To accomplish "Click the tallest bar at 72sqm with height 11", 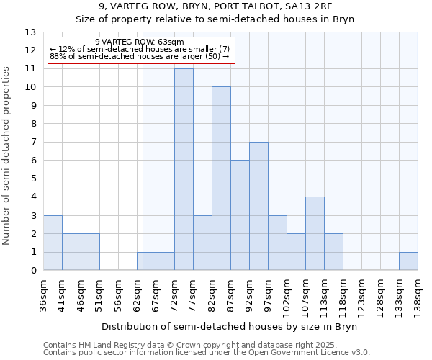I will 184,169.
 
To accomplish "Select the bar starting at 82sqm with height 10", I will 221,179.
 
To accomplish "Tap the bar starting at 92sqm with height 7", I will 258,206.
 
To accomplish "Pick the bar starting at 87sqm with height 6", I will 240,215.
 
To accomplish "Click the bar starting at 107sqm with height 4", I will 315,234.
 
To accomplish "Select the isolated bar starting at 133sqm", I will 408,261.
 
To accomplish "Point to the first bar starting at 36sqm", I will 53,243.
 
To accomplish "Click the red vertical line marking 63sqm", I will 143,144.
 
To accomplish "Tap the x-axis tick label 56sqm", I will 118,293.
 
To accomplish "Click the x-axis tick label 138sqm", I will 418,293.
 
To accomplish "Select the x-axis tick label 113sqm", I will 324,293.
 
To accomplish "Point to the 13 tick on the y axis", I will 30,32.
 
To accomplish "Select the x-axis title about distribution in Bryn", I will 230,326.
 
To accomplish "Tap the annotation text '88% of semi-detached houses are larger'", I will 140,56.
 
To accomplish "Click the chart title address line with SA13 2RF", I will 215,6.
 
